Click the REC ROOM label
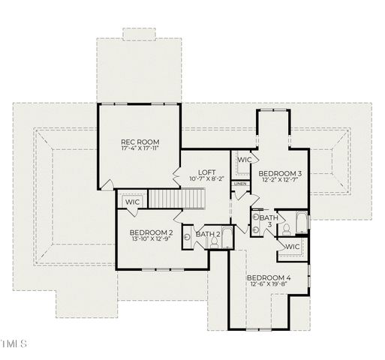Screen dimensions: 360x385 (140, 141)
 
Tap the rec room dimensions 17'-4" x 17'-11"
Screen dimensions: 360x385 (140, 148)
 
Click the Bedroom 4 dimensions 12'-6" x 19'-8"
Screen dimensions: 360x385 (268, 285)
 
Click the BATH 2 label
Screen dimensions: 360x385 (207, 234)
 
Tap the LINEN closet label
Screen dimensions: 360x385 (239, 184)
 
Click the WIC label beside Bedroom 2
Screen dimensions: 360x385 (133, 202)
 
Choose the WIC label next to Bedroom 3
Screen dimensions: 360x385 (245, 160)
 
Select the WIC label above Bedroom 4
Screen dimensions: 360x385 (292, 247)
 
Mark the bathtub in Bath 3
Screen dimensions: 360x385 (299, 223)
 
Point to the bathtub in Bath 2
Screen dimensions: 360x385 (227, 238)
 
